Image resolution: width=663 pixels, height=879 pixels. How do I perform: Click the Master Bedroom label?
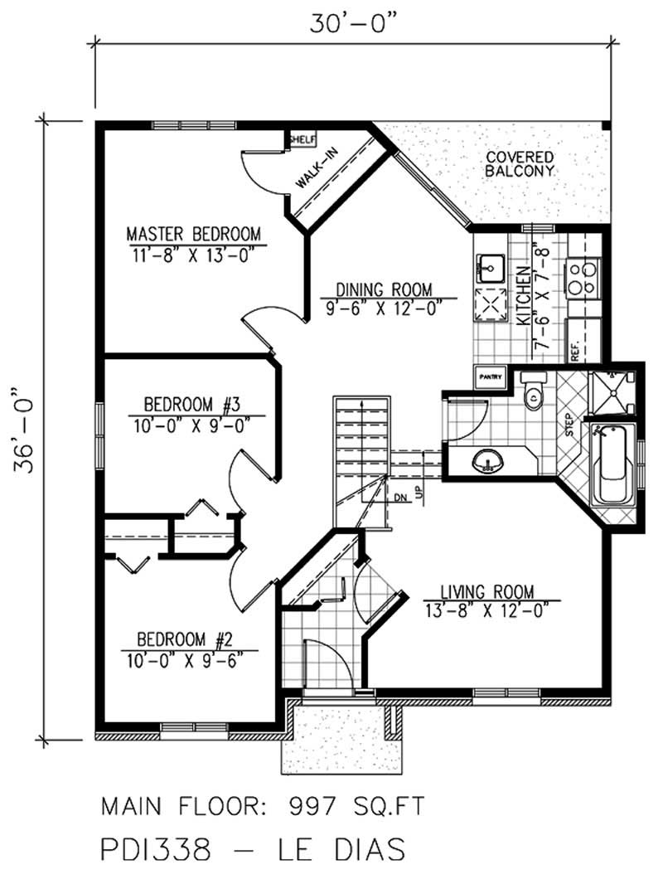click(x=193, y=233)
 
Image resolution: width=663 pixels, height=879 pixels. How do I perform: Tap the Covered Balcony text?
click(x=520, y=163)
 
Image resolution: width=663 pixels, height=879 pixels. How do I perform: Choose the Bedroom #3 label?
click(x=191, y=406)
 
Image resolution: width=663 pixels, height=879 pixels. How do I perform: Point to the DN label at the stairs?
click(x=399, y=498)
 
